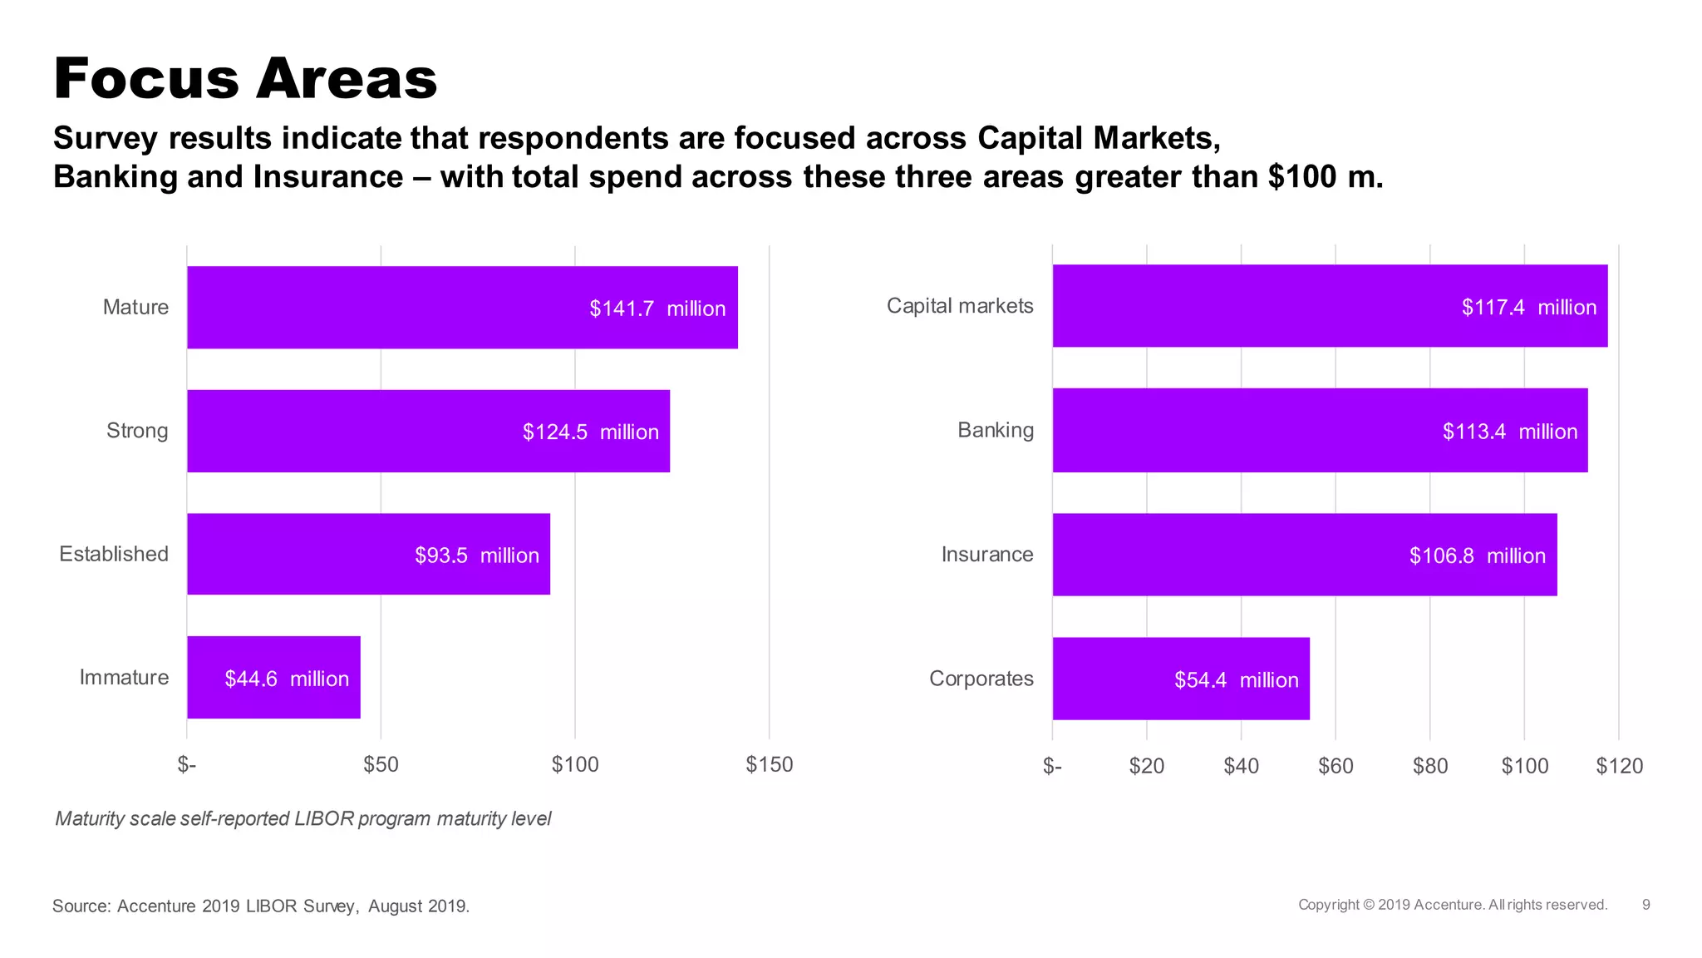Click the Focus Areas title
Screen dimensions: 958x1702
click(x=245, y=79)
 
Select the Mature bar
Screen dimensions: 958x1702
click(x=462, y=308)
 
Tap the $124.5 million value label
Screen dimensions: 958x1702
click(x=590, y=432)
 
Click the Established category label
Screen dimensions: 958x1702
click(x=114, y=554)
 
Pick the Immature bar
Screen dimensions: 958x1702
click(x=273, y=678)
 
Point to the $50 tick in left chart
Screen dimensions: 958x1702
click(x=381, y=765)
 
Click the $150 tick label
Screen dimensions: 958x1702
click(x=769, y=765)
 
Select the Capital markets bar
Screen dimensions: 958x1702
click(x=1330, y=306)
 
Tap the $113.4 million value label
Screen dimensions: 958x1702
click(x=1509, y=432)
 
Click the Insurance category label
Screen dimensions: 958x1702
click(x=986, y=555)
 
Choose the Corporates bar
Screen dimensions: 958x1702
click(x=1180, y=679)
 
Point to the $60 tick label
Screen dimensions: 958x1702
click(x=1336, y=766)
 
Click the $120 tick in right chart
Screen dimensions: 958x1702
click(x=1619, y=766)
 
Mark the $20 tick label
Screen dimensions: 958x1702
click(x=1146, y=766)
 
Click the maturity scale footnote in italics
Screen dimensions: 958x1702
click(x=303, y=819)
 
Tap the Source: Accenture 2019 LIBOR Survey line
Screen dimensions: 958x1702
click(x=261, y=906)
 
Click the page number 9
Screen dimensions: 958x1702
click(x=1645, y=905)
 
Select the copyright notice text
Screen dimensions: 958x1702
click(x=1452, y=905)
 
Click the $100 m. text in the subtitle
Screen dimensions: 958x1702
click(x=1326, y=177)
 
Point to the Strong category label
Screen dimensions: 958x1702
click(x=137, y=431)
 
